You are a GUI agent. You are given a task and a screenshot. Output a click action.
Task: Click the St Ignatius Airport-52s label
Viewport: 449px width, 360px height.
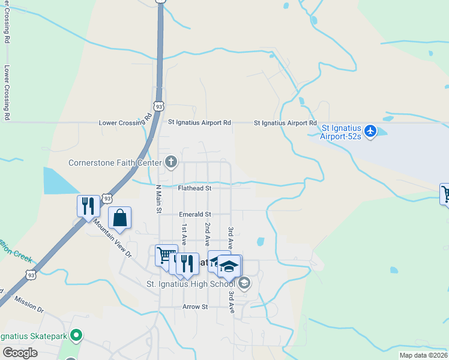click(342, 132)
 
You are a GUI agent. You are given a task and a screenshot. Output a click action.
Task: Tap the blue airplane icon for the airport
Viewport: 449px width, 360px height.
click(370, 130)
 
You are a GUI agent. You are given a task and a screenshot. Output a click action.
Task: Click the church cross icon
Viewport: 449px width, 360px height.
click(171, 161)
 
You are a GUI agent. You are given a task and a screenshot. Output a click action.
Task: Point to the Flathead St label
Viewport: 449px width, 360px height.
click(195, 188)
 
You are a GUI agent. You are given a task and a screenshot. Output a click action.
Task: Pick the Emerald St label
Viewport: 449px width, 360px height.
click(195, 214)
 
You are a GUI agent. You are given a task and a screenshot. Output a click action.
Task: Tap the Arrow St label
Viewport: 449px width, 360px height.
click(195, 307)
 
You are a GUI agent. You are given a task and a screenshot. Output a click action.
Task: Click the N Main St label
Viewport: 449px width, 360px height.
click(159, 198)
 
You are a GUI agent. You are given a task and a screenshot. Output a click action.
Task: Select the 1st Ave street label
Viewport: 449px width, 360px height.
click(184, 233)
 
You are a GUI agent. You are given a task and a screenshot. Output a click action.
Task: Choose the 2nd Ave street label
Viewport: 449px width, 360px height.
click(207, 233)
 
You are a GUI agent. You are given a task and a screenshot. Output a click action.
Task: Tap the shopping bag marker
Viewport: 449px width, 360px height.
click(120, 218)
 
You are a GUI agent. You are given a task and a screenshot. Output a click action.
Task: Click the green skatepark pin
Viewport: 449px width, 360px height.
click(76, 335)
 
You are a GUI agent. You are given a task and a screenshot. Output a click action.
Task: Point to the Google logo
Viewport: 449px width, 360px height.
click(20, 353)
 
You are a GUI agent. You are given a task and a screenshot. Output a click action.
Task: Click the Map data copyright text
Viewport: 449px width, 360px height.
click(424, 355)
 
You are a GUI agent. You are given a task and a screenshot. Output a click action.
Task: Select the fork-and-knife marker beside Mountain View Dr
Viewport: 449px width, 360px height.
click(88, 206)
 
